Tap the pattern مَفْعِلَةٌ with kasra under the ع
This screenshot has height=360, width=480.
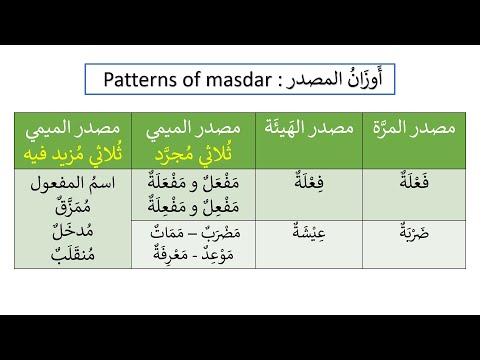click(x=165, y=205)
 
